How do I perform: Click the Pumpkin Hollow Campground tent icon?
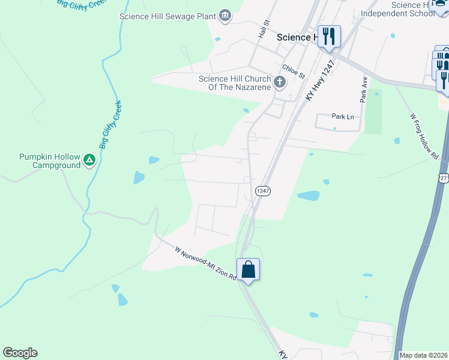(x=89, y=160)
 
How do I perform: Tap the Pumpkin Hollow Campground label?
(x=49, y=161)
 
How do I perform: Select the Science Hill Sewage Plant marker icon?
(x=225, y=16)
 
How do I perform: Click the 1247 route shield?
(x=263, y=191)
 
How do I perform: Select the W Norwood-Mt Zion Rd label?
(x=206, y=265)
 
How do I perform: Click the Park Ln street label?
(x=343, y=116)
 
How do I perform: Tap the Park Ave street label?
(x=364, y=88)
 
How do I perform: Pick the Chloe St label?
(x=294, y=72)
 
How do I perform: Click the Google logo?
(x=20, y=353)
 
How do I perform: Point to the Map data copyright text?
(x=424, y=355)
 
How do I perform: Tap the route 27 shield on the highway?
(x=444, y=178)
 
